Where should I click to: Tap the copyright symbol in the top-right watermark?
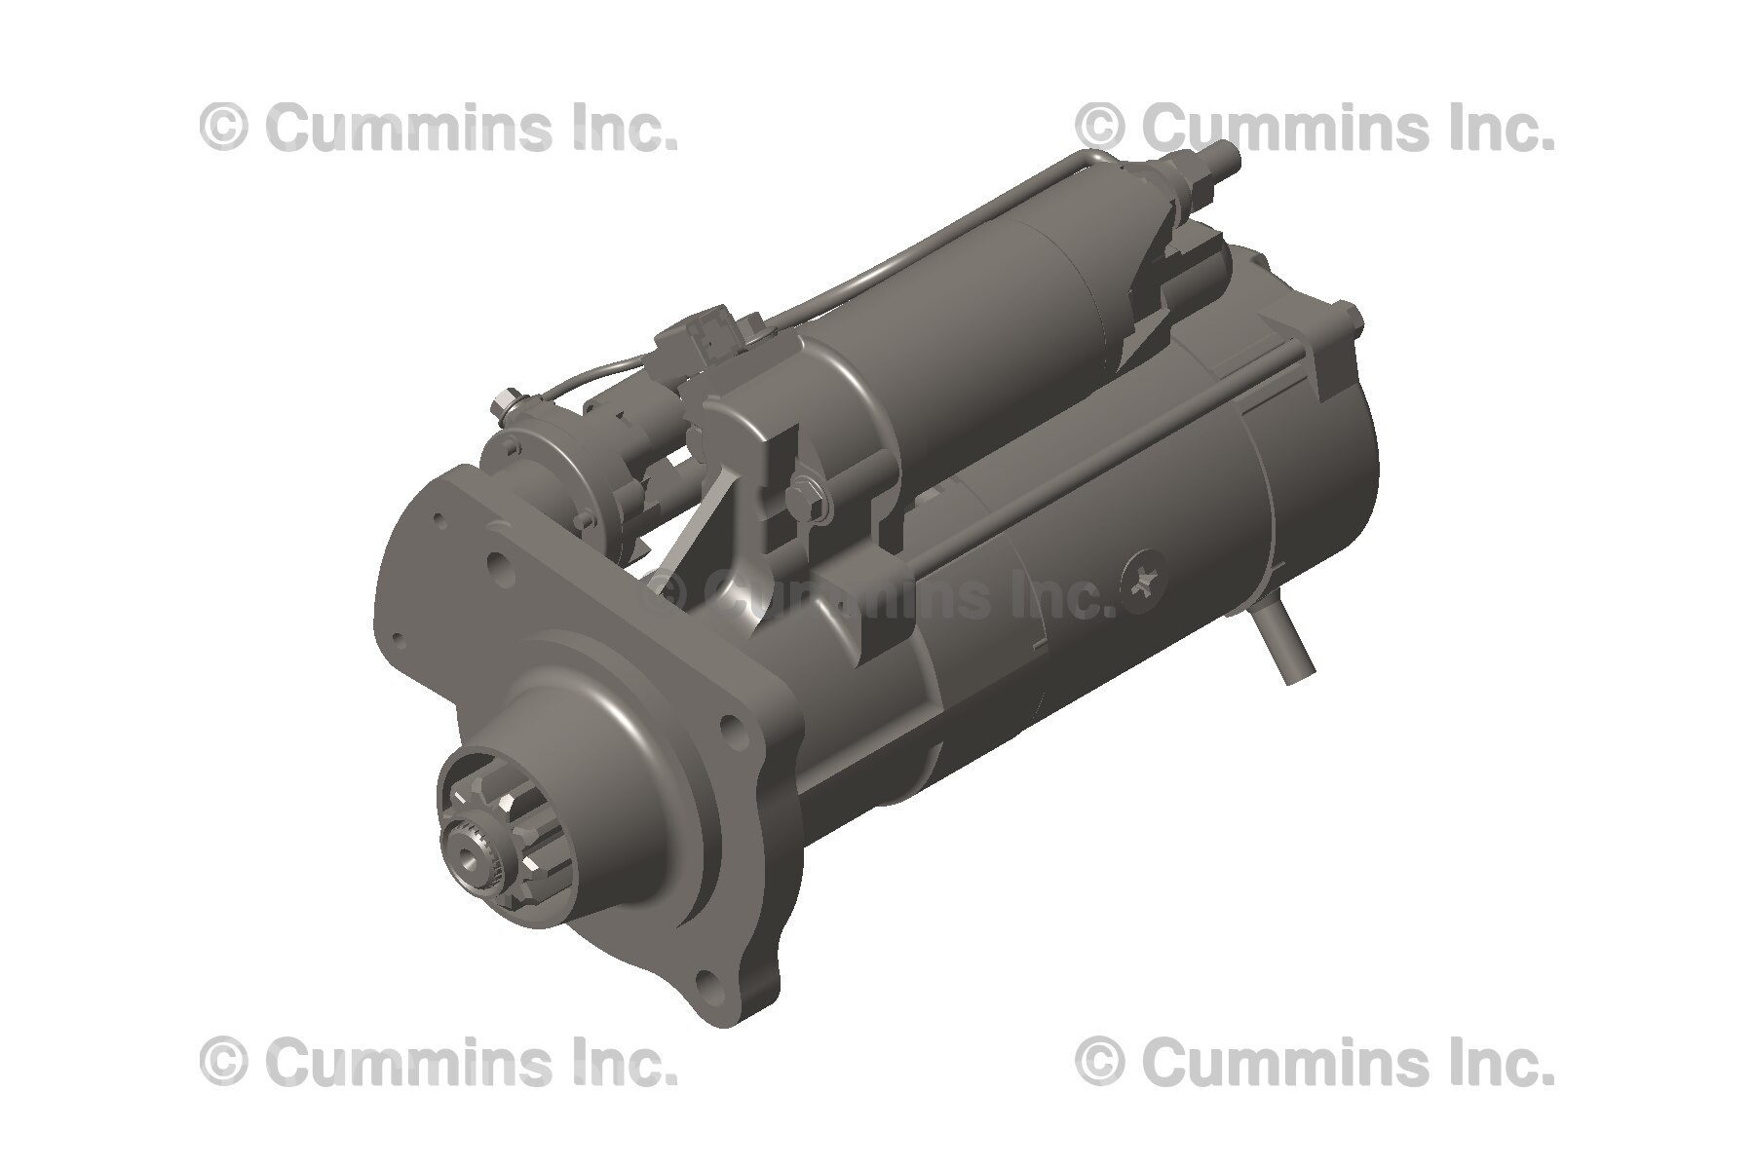pyautogui.click(x=1100, y=129)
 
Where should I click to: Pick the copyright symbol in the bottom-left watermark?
pyautogui.click(x=223, y=1062)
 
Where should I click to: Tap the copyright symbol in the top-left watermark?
pyautogui.click(x=223, y=129)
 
